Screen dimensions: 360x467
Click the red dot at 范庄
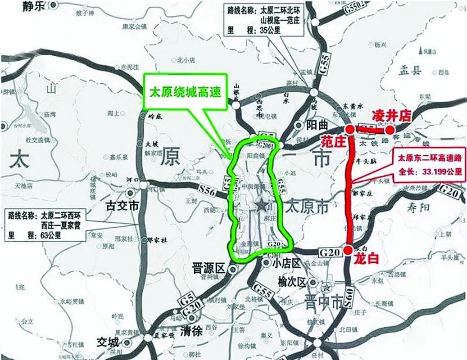(349, 130)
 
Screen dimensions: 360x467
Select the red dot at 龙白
(348, 250)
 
